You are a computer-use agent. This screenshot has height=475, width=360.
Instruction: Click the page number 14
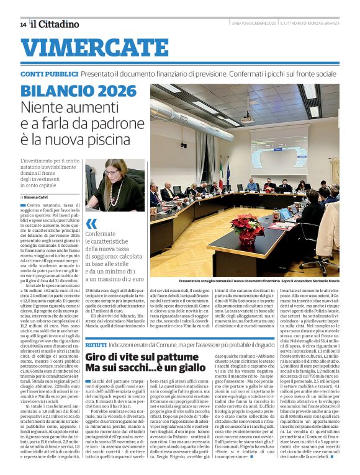click(x=23, y=24)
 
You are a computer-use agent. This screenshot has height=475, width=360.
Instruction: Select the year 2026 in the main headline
click(x=116, y=91)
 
